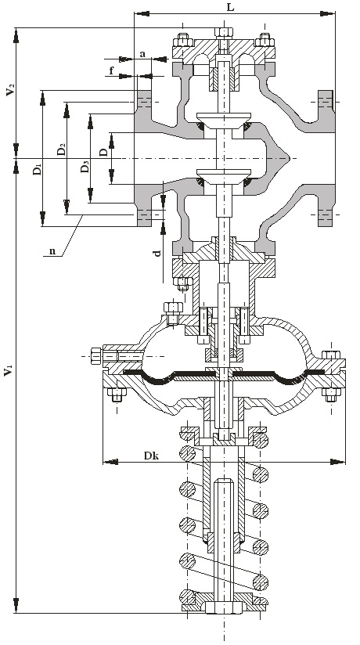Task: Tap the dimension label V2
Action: pyautogui.click(x=11, y=89)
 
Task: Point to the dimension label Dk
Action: pyautogui.click(x=151, y=456)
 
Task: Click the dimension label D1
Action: pyautogui.click(x=37, y=169)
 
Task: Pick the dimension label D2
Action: pyautogui.click(x=61, y=150)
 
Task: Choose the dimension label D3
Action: pyautogui.click(x=85, y=166)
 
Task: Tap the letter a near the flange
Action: pyautogui.click(x=142, y=53)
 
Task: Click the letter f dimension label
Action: pyautogui.click(x=111, y=70)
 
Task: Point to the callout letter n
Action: pyautogui.click(x=52, y=251)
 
